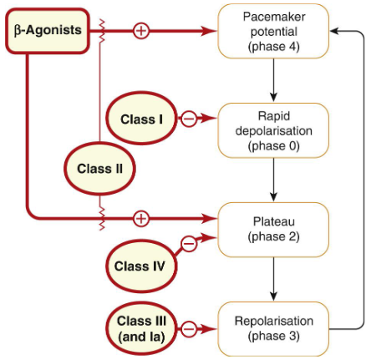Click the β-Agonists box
point(48,30)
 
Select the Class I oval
point(141,119)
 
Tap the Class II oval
point(99,168)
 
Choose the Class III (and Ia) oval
point(141,327)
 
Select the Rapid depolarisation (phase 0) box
point(273,130)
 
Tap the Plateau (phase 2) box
point(273,228)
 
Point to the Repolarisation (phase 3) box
point(273,327)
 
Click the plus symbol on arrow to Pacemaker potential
point(141,31)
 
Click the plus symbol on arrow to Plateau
point(141,218)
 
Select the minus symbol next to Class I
point(189,119)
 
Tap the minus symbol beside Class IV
point(189,244)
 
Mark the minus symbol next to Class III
point(189,328)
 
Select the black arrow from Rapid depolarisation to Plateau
point(273,179)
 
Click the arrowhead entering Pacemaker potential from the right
point(335,30)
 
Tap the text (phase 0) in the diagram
point(273,146)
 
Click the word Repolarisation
point(273,320)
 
